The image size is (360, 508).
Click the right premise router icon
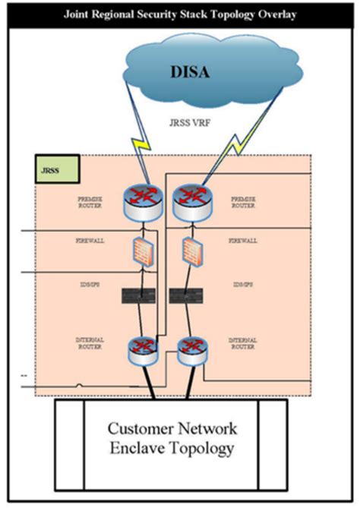pyautogui.click(x=190, y=200)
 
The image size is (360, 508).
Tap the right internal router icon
pyautogui.click(x=188, y=350)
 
